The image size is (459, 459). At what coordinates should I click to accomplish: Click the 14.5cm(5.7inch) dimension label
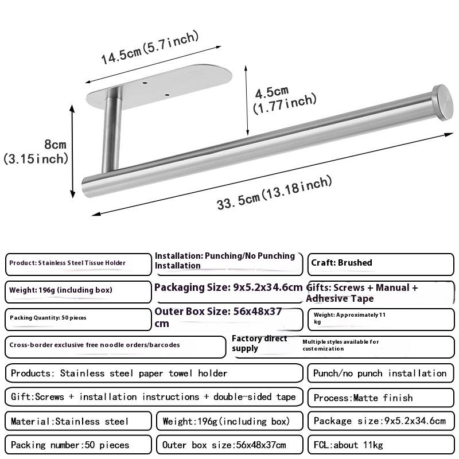click(x=150, y=48)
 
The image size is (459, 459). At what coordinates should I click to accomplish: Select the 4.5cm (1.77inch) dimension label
click(x=285, y=98)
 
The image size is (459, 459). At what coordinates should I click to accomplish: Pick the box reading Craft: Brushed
click(x=380, y=263)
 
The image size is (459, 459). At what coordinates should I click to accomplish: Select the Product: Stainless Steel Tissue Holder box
click(x=78, y=263)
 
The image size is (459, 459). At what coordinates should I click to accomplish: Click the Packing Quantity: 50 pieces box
click(x=78, y=317)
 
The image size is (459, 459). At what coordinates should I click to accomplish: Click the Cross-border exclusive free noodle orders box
click(x=115, y=345)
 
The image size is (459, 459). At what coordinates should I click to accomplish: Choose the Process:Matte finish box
click(x=380, y=397)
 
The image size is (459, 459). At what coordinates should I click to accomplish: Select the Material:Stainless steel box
click(x=78, y=421)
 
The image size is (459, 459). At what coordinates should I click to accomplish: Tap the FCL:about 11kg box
click(x=380, y=445)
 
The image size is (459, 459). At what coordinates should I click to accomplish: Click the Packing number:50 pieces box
click(x=78, y=445)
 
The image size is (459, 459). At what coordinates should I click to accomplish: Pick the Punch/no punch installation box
click(x=380, y=373)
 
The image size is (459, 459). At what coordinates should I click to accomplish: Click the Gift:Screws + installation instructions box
click(x=153, y=397)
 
